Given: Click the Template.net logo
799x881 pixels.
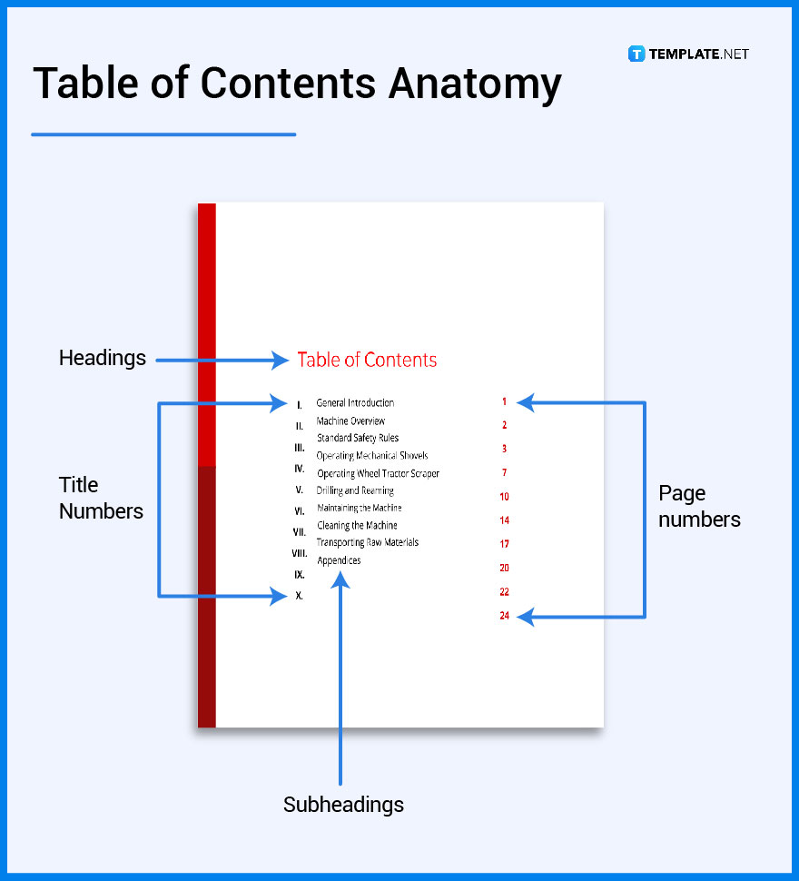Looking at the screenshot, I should [x=688, y=54].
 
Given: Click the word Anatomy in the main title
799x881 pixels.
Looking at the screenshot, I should [x=474, y=84].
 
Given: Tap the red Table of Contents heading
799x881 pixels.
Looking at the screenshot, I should [x=367, y=360].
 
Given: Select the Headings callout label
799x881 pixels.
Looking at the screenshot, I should [x=103, y=358].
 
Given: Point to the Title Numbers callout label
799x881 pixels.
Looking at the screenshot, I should [x=101, y=498].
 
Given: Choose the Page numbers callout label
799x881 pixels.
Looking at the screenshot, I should [x=699, y=506].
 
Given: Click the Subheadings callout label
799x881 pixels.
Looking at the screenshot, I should [x=343, y=804].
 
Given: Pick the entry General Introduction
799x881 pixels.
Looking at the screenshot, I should [x=355, y=402].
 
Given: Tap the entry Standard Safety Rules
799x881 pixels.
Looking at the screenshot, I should [x=357, y=438].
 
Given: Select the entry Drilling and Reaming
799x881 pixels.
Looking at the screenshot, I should [x=355, y=490].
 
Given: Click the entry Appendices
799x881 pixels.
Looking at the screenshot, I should [x=339, y=560].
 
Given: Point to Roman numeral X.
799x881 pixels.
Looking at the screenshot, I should [x=299, y=596].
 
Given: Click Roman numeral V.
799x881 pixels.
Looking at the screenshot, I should [x=299, y=490].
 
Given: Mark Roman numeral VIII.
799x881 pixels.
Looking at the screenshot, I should [x=299, y=553].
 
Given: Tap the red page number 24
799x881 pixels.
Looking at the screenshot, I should [x=504, y=616].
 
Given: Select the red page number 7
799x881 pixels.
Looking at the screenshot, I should [x=504, y=472].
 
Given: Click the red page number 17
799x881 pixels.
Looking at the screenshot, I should [x=504, y=544].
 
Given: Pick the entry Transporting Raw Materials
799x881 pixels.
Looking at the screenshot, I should [x=368, y=542].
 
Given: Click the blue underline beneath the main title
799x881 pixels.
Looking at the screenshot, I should [x=163, y=134].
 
